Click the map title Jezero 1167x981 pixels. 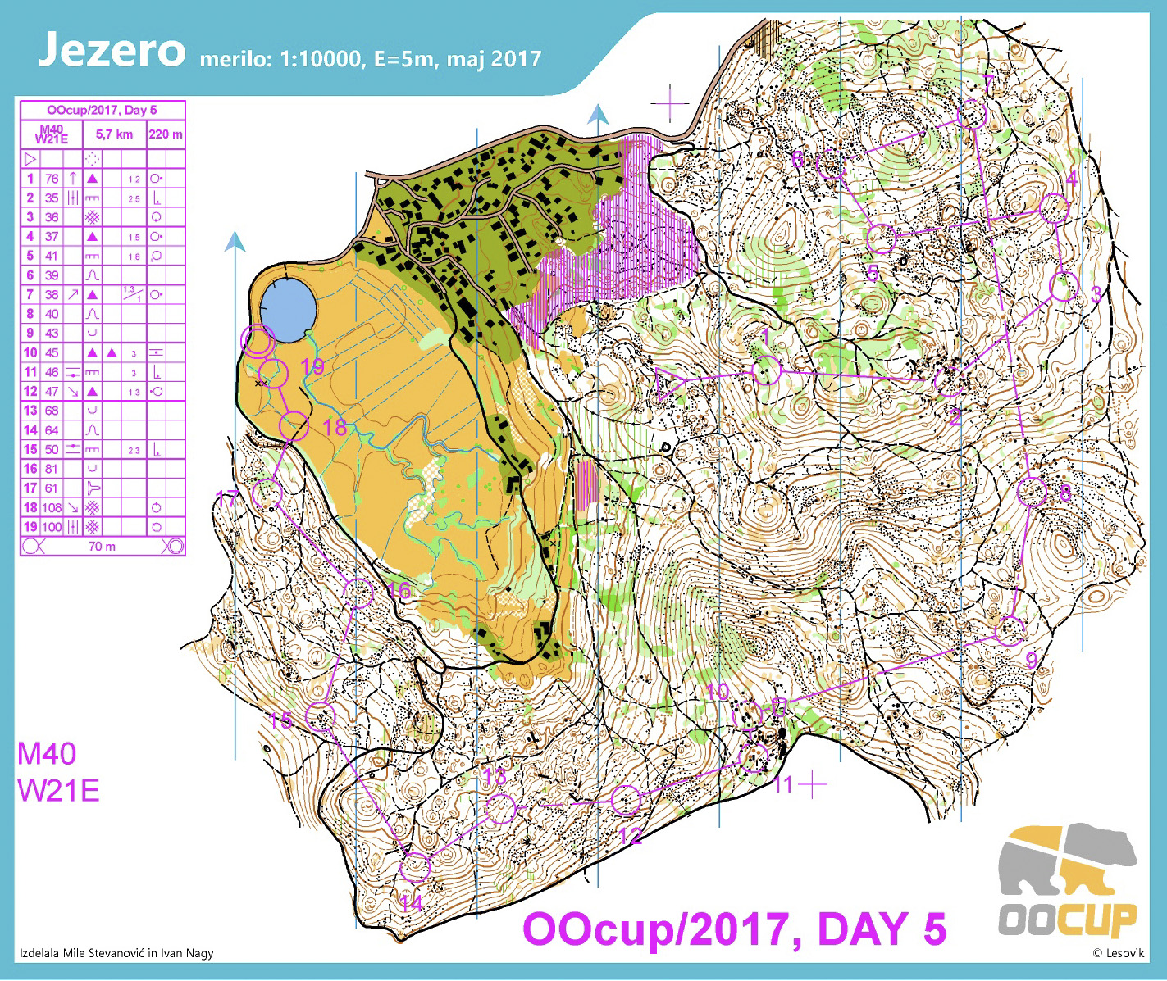pos(112,51)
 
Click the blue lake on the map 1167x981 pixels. pos(287,309)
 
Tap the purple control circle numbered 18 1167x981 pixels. pos(294,426)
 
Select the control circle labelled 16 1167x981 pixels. pos(359,592)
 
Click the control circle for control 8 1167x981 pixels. pos(1033,492)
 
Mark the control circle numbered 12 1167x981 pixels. pos(626,800)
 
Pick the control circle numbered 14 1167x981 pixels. pos(415,866)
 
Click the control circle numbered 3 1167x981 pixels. pos(1063,288)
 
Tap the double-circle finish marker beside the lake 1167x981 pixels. pos(258,340)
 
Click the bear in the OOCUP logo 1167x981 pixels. pos(1066,861)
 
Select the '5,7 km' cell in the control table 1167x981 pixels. pos(114,134)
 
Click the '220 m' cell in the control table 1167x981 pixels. pos(166,134)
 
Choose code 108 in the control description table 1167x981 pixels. pos(52,507)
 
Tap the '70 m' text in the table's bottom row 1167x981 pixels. pos(102,546)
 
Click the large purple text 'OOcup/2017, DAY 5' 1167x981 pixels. pos(734,929)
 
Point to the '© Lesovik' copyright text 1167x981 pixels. pos(1118,952)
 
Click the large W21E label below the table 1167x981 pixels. pos(58,791)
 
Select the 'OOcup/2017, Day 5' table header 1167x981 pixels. pos(102,110)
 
